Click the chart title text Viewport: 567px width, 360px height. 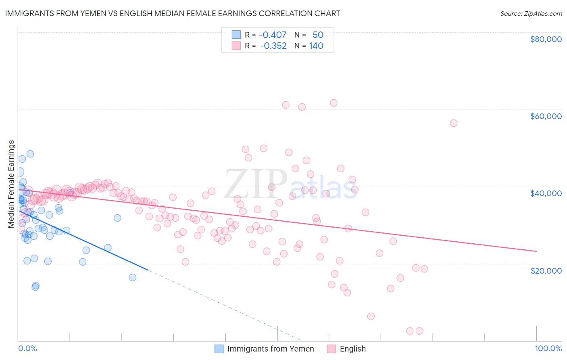pos(173,13)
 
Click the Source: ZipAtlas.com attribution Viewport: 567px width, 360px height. pos(531,13)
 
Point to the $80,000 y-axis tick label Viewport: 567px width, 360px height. pos(546,39)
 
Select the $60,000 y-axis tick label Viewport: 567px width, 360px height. pos(546,116)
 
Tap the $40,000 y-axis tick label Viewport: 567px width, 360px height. pos(546,193)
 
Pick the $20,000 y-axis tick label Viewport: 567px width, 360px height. pos(546,270)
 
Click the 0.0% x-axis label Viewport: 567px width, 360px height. pos(27,348)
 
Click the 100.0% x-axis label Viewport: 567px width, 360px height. pos(548,348)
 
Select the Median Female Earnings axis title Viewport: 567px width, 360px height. pos(11,184)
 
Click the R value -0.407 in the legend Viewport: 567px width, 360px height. pos(273,35)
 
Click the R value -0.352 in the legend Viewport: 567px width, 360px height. pos(273,46)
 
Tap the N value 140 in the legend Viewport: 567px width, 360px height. pos(316,46)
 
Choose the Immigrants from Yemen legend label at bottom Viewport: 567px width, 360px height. pos(270,349)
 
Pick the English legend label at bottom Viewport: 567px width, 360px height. pos(352,349)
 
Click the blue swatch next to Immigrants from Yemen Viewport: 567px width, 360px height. pos(219,349)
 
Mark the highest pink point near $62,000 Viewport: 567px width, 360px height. pos(334,103)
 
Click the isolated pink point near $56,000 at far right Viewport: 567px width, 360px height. pos(453,123)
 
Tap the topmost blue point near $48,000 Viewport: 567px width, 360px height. pos(30,154)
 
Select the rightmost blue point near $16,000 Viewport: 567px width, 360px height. pos(132,277)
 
